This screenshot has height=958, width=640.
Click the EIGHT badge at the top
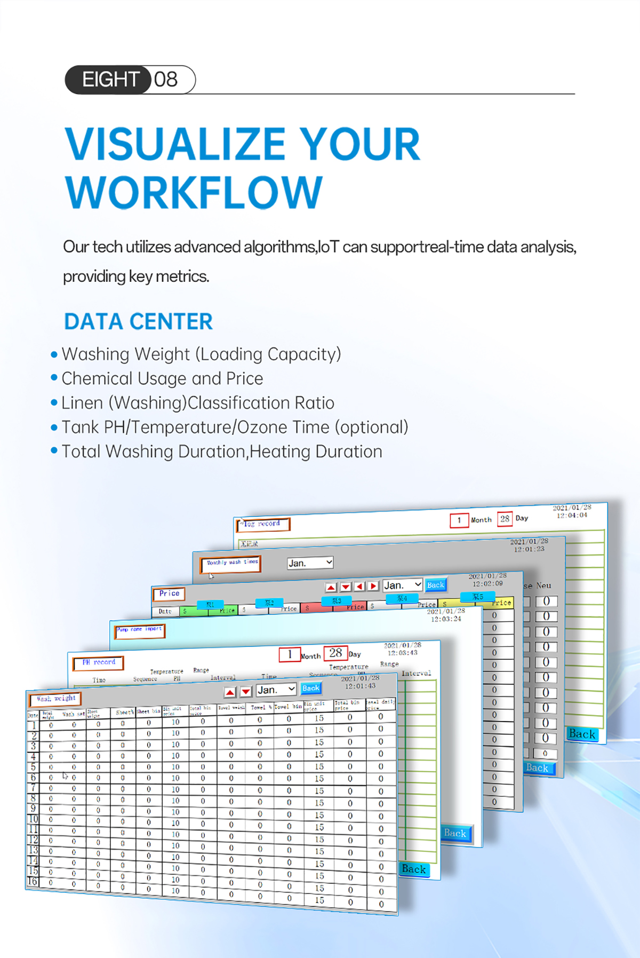pos(109,80)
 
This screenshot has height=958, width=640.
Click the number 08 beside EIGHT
pos(166,80)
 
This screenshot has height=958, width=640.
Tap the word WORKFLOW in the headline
pos(194,193)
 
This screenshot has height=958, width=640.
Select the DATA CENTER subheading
pos(138,322)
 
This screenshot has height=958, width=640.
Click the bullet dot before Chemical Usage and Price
pos(54,378)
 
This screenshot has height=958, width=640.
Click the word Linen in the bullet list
pos(82,403)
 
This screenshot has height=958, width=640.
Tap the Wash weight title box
pos(56,699)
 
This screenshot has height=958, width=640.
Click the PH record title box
pos(98,662)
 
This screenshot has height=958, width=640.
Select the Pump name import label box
pos(140,630)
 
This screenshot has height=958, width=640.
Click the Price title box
pos(169,593)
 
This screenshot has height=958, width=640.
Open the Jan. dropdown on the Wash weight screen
pos(276,690)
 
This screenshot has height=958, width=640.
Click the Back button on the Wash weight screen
pos(311,688)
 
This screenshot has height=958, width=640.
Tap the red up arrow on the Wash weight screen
pos(230,692)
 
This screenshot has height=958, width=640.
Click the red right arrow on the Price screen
pos(374,586)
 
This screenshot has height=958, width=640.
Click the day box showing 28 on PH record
pos(335,653)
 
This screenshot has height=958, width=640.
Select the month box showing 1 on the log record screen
pos(459,520)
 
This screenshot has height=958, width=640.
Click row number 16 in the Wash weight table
pos(33,881)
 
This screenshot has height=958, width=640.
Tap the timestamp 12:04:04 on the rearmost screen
pos(572,515)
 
